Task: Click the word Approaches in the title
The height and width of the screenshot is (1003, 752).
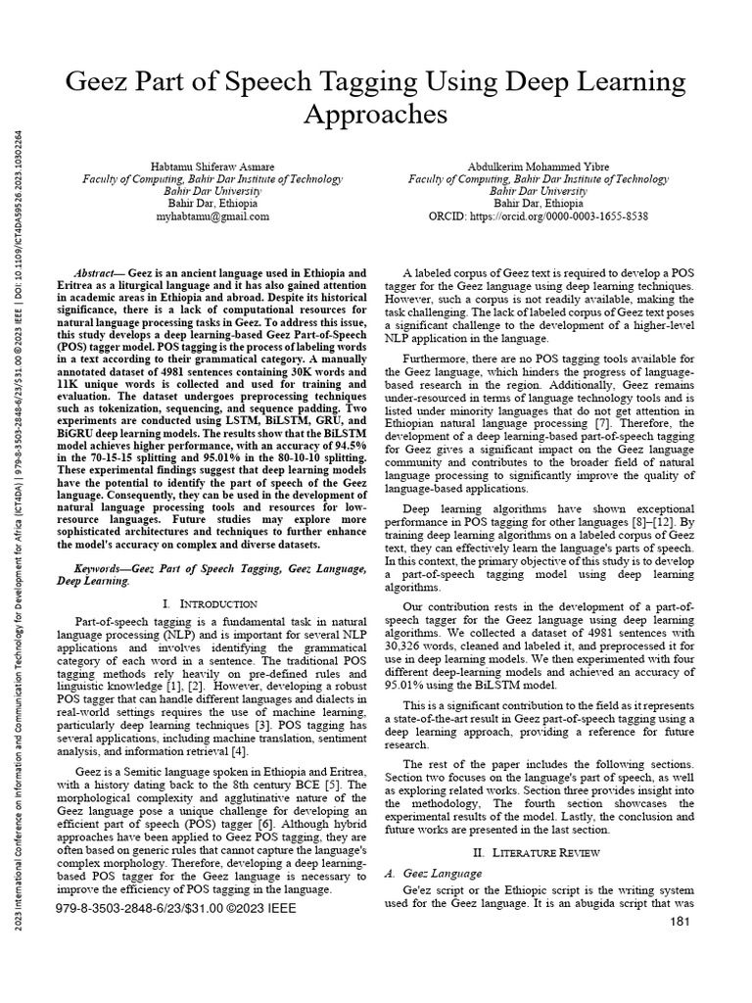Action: click(x=375, y=115)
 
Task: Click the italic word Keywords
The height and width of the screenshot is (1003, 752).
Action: click(x=102, y=568)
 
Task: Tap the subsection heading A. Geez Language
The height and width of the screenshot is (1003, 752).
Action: click(x=437, y=872)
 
